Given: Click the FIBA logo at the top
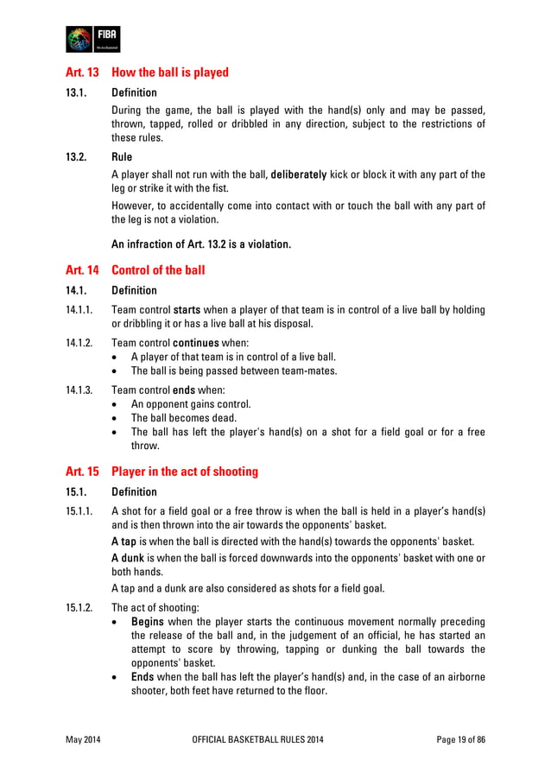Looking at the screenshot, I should pyautogui.click(x=92, y=40).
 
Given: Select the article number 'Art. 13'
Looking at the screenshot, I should pyautogui.click(x=82, y=73).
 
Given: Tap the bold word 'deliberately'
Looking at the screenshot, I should pyautogui.click(x=298, y=174).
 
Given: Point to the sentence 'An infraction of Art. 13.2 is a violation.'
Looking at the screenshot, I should pyautogui.click(x=201, y=244).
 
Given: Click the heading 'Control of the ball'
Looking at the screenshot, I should pyautogui.click(x=158, y=270).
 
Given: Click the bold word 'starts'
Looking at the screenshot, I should pyautogui.click(x=187, y=309).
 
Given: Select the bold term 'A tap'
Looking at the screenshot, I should pyautogui.click(x=125, y=541).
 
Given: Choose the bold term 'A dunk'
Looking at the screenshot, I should pyautogui.click(x=129, y=558).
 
